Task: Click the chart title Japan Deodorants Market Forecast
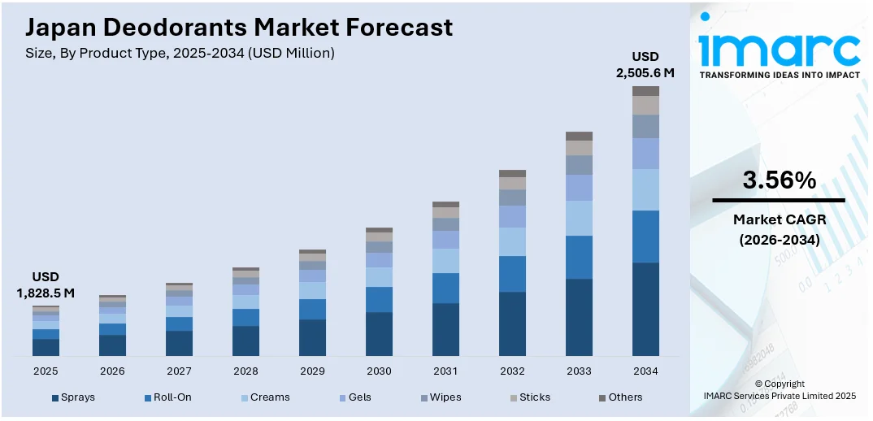[x=238, y=28]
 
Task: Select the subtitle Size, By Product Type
[x=180, y=53]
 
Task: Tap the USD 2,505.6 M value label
[x=645, y=65]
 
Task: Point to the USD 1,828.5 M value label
[x=46, y=285]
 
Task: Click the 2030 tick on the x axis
[x=379, y=371]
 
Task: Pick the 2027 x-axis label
[x=179, y=371]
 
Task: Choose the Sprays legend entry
[x=74, y=397]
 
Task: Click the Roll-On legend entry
[x=167, y=397]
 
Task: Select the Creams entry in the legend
[x=264, y=397]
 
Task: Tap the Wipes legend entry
[x=440, y=397]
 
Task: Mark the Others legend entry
[x=620, y=397]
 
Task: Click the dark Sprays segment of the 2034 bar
[x=645, y=309]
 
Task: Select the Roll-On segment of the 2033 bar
[x=579, y=257]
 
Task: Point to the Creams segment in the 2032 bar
[x=512, y=241]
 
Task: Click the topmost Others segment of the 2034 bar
[x=645, y=91]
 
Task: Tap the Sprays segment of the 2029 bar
[x=312, y=337]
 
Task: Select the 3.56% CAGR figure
[x=779, y=180]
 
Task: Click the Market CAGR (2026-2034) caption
[x=779, y=229]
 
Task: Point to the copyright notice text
[x=779, y=390]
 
